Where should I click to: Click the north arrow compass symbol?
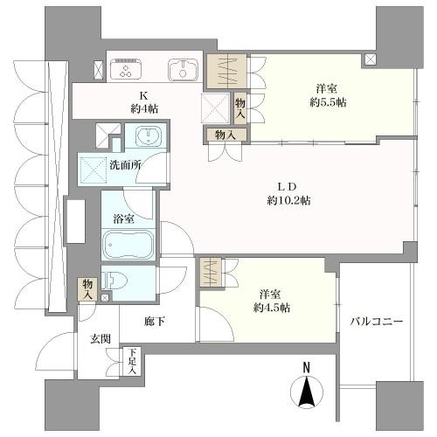[308, 392]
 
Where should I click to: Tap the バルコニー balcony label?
[376, 322]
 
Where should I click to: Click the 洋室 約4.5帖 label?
[271, 302]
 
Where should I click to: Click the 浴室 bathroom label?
[121, 218]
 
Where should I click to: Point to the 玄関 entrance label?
[100, 338]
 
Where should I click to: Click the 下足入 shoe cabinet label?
[132, 360]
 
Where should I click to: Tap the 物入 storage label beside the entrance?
[89, 288]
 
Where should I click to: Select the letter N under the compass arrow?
[307, 368]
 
